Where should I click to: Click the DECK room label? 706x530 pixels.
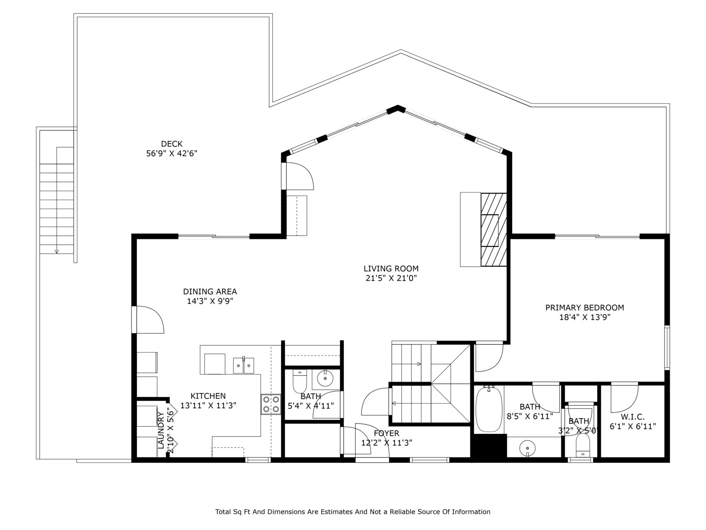coord(172,144)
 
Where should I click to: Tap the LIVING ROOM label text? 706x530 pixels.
coord(391,269)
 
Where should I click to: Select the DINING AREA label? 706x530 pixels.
coord(210,291)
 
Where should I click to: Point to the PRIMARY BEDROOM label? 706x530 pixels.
coord(585,308)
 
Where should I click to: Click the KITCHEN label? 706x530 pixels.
coord(208,396)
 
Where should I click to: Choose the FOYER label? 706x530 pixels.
coord(387,433)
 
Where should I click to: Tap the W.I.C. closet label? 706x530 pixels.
coord(633,417)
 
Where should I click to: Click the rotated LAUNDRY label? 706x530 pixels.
coord(161,430)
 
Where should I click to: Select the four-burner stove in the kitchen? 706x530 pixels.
coord(271,404)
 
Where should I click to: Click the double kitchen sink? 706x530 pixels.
coord(244,365)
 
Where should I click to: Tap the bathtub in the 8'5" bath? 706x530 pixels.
coord(489,409)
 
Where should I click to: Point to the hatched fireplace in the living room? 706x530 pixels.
coord(494,230)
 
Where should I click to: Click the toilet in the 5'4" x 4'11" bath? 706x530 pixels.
coord(299,380)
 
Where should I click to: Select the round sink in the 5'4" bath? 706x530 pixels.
coord(325,379)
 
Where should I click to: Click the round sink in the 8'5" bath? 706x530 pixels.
coord(527,448)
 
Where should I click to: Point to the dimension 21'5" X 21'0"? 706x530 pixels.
coord(391,278)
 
